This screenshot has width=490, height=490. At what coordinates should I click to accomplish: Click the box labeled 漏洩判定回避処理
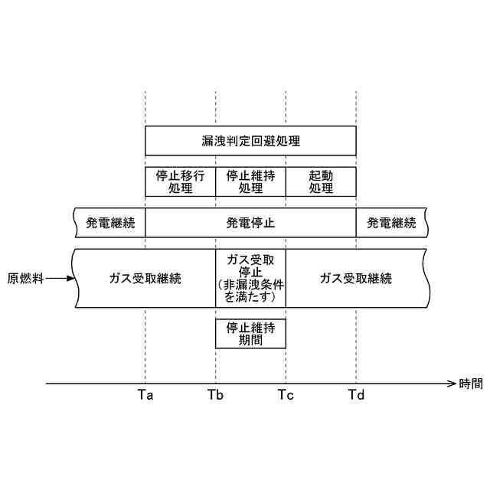pyautogui.click(x=250, y=141)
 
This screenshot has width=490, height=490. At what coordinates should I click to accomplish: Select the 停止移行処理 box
pyautogui.click(x=180, y=181)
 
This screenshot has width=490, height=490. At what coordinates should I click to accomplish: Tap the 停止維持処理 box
pyautogui.click(x=250, y=181)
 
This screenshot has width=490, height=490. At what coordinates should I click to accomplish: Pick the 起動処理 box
pyautogui.click(x=321, y=181)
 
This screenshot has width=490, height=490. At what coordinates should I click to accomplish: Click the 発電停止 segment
pyautogui.click(x=250, y=224)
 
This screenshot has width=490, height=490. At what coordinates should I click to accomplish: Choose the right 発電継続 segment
pyautogui.click(x=391, y=224)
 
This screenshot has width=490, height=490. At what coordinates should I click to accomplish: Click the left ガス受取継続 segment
pyautogui.click(x=145, y=279)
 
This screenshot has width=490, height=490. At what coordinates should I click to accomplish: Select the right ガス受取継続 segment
pyautogui.click(x=355, y=279)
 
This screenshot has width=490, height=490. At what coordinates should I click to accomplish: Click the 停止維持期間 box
pyautogui.click(x=250, y=334)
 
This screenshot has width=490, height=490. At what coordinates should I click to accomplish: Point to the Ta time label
pyautogui.click(x=145, y=395)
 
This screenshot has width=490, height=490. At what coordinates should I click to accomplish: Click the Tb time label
pyautogui.click(x=215, y=395)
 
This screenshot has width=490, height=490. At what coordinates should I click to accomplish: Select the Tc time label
pyautogui.click(x=286, y=395)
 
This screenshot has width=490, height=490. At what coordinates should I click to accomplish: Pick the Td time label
pyautogui.click(x=356, y=395)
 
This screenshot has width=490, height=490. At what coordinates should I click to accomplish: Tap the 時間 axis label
pyautogui.click(x=471, y=384)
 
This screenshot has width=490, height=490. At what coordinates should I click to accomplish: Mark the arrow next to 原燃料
pyautogui.click(x=61, y=279)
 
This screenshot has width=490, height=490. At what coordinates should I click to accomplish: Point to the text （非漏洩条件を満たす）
pyautogui.click(x=250, y=292)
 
